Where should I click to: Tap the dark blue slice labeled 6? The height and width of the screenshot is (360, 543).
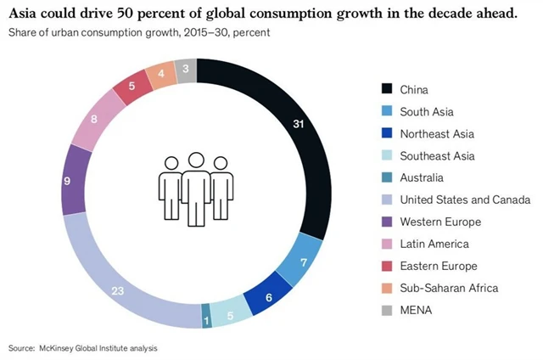(x=268, y=298)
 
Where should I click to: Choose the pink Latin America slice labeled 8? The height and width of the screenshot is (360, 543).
(x=93, y=121)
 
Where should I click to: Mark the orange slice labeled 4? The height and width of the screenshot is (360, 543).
(x=160, y=75)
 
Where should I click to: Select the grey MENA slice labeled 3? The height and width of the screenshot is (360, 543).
(x=186, y=70)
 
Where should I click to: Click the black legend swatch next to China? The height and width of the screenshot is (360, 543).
(x=387, y=89)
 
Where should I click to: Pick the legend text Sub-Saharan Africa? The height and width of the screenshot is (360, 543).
(x=449, y=288)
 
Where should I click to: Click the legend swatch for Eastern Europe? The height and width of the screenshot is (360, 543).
(x=387, y=266)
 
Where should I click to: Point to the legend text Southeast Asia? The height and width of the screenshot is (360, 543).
(x=437, y=155)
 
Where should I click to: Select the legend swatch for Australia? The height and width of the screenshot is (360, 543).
(x=387, y=177)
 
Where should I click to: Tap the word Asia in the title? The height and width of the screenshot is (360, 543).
(x=29, y=14)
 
